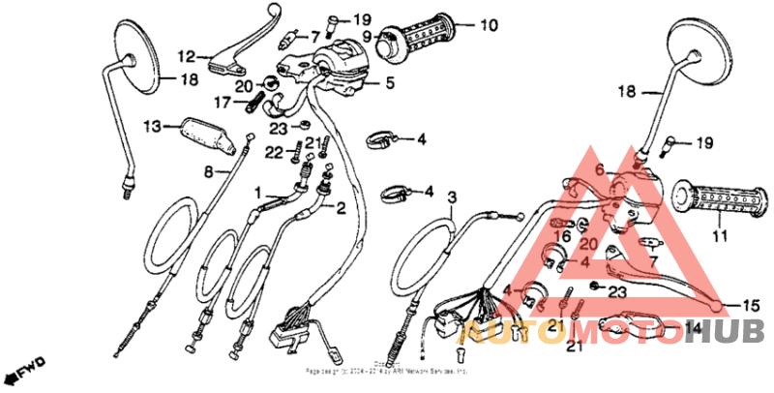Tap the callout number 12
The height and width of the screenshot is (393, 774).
coord(186,55)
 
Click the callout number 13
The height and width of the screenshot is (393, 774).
coord(152,127)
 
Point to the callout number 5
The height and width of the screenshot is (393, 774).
coord(389,84)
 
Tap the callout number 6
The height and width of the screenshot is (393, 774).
coord(599,169)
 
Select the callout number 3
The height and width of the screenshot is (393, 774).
coord(452,197)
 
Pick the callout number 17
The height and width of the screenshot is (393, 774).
coord(222,102)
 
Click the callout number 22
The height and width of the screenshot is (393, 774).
coord(275,152)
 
